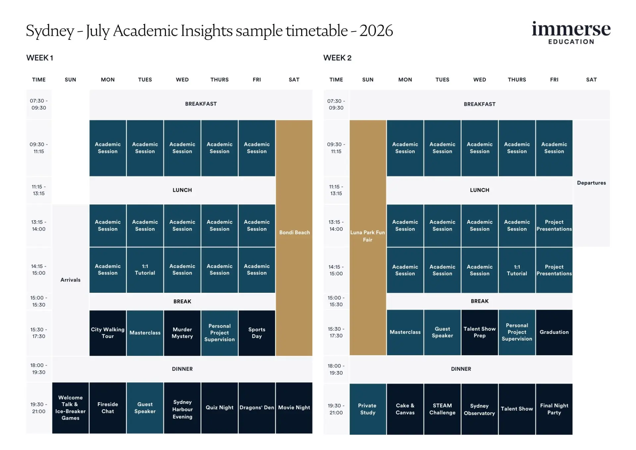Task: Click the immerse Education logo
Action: (571, 33)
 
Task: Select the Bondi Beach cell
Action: (294, 232)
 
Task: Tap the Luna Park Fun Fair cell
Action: (368, 236)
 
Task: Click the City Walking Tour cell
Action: (108, 333)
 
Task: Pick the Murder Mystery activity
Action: (182, 333)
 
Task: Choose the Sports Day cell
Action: (257, 333)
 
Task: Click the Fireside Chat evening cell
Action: (108, 408)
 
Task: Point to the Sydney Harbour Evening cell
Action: (182, 409)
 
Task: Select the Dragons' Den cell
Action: (257, 408)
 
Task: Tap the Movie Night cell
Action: (294, 408)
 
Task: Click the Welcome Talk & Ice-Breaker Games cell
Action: (70, 408)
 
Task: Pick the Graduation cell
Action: (554, 332)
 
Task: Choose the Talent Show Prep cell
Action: (479, 332)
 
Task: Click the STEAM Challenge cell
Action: (442, 409)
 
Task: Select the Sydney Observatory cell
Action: (479, 409)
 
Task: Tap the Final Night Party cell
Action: (554, 409)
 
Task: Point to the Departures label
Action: (591, 183)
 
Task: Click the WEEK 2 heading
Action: (337, 58)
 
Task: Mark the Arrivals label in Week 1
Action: (70, 280)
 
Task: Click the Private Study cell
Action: (368, 409)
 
